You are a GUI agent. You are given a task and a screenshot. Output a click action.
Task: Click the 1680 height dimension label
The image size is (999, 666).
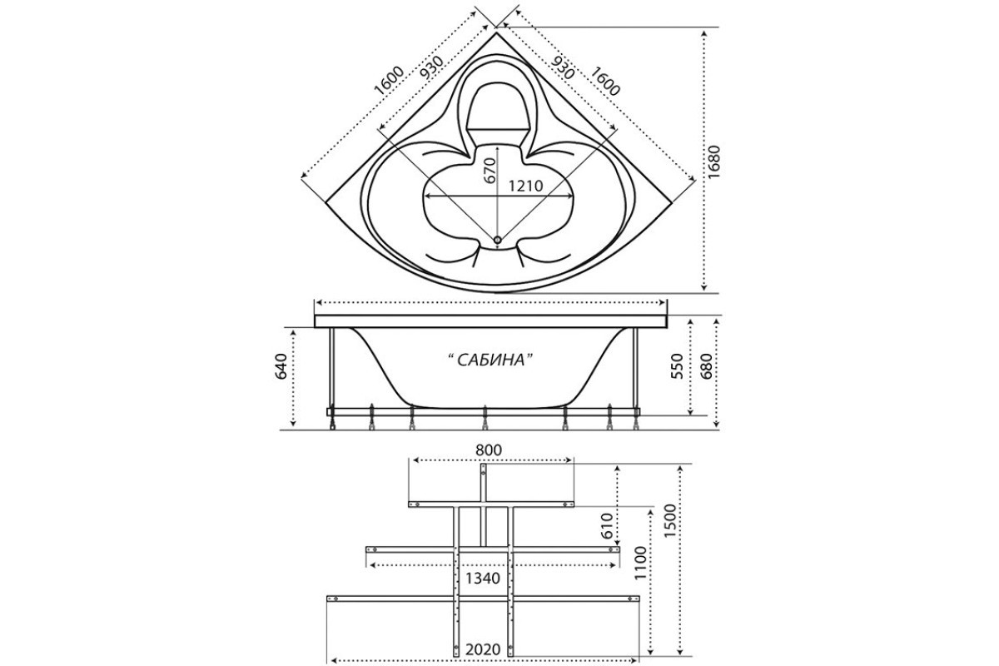coord(714,162)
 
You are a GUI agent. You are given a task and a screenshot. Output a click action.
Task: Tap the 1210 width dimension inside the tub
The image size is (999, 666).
coord(526,186)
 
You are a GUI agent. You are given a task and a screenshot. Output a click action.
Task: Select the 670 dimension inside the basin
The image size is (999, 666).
coord(490,171)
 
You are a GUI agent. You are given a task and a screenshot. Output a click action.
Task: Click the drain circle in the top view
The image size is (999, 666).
coord(498,240)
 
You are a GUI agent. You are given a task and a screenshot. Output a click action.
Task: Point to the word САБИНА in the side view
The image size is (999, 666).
coord(491,360)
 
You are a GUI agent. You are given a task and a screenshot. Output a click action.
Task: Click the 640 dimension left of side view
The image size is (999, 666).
coord(281,366)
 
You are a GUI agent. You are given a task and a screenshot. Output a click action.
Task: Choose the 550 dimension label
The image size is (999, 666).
coord(678,366)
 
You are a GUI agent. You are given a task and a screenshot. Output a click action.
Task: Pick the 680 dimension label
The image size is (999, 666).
coord(707,366)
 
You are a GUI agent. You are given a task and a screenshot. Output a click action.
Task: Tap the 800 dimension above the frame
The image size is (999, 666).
coord(489,450)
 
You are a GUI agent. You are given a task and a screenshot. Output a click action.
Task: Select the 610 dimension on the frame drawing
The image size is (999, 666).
coord(607,526)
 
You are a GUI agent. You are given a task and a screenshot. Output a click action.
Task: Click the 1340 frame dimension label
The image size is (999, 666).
coord(483,579)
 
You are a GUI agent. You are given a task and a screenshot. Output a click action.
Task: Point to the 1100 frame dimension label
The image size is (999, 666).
coord(640,563)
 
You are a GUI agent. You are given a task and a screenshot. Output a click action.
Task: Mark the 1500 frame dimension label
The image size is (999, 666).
coord(670,520)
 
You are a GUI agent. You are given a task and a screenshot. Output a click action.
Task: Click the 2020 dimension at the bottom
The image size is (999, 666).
coord(483,649)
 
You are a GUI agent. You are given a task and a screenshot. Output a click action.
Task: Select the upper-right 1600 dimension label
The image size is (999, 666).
coord(605,81)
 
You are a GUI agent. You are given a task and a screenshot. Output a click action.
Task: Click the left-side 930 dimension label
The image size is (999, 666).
coord(432,67)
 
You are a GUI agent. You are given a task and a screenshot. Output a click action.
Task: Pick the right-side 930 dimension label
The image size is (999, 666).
coord(563,67)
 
